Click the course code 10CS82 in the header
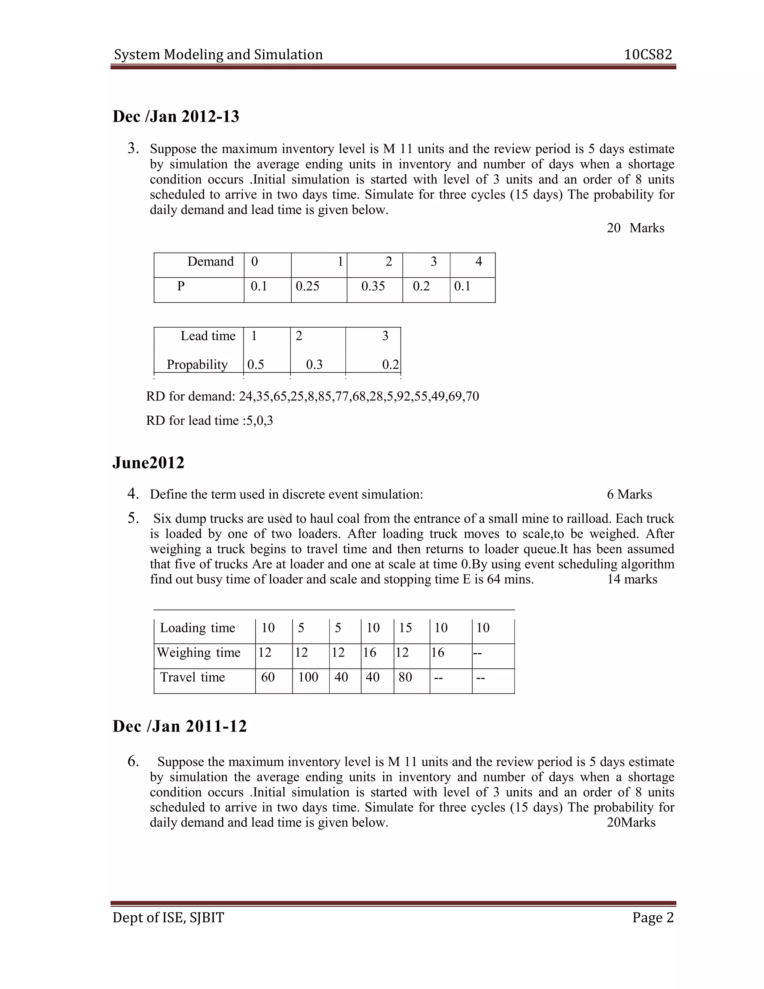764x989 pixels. [x=648, y=55]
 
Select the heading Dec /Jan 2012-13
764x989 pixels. [x=176, y=117]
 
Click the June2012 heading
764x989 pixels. [x=148, y=463]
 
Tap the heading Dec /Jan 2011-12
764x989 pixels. [x=180, y=726]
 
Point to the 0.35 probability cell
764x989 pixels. [x=373, y=286]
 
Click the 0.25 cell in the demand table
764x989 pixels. [x=307, y=286]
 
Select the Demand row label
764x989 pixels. [x=210, y=262]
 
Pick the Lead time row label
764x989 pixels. [x=208, y=336]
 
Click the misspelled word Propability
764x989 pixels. [x=197, y=365]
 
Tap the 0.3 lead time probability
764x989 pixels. [x=314, y=365]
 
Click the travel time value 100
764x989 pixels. [x=308, y=677]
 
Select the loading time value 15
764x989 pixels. [x=405, y=628]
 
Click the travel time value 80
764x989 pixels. [x=405, y=677]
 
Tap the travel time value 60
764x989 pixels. [x=268, y=677]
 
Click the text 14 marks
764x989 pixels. [x=632, y=579]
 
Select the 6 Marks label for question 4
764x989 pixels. [x=629, y=494]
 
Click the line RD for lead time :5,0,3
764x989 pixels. [x=210, y=421]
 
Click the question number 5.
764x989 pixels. [x=133, y=518]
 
